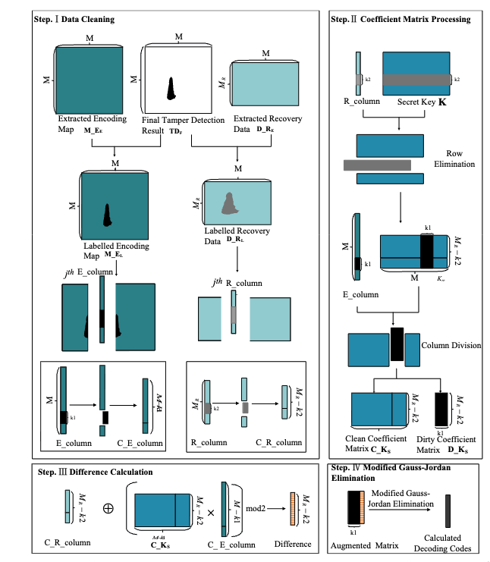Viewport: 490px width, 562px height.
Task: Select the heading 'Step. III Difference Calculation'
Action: tap(95, 472)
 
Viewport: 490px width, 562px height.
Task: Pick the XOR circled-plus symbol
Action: tap(108, 508)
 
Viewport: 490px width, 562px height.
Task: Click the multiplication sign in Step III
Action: tap(211, 513)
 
